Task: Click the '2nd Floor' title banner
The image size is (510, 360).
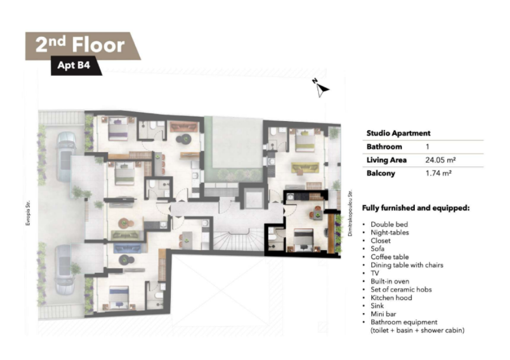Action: coord(83,45)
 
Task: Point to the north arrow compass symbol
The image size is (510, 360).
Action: coord(321,88)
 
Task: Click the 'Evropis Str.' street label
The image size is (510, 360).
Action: coord(28,213)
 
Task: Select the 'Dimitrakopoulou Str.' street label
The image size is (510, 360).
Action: coord(350,213)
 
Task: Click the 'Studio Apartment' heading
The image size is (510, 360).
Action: coord(398,133)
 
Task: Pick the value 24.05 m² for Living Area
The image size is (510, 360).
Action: coord(440,160)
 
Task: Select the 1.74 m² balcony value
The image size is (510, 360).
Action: coord(438,173)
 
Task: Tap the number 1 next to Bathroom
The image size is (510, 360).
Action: coord(427,147)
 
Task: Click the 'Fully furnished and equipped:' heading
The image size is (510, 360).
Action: coord(415,208)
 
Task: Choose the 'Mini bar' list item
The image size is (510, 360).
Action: coord(383,314)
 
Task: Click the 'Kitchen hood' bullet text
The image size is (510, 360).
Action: coord(391,298)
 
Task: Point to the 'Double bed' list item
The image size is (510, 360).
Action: coord(389,224)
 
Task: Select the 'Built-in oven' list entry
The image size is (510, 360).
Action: coord(389,281)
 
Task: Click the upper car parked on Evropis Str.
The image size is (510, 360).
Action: coord(66,156)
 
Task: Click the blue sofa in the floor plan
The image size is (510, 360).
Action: coord(127,248)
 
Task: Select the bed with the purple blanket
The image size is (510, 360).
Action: coord(118,128)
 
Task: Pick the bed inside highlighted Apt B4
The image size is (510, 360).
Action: coord(303,240)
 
